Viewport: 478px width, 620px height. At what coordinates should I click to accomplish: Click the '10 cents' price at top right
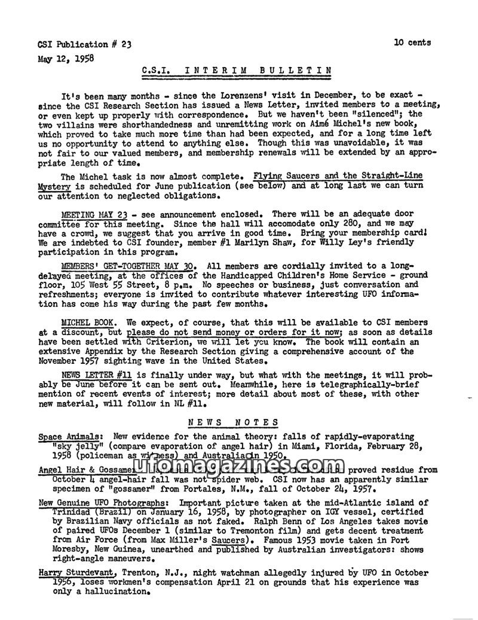click(x=412, y=42)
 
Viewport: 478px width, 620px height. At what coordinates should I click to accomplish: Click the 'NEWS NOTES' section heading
click(x=233, y=422)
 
